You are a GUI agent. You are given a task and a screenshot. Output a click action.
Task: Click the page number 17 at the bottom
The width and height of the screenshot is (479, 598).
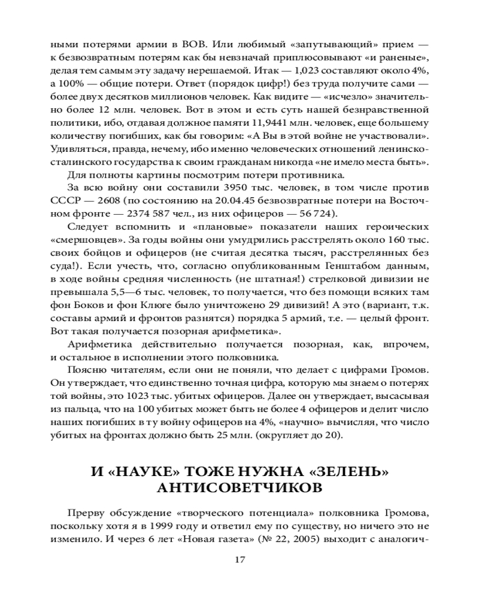pos(239,560)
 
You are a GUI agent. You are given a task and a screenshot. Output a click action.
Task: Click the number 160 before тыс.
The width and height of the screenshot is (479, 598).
pos(394,242)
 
